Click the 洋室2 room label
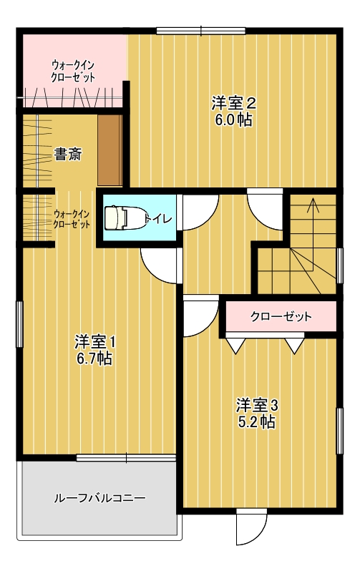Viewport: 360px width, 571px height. tap(233, 103)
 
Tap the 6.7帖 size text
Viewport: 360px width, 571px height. tap(94, 359)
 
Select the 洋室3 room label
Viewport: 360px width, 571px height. tap(257, 405)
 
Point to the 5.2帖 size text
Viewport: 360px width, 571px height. tap(256, 422)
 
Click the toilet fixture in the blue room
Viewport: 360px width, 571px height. tap(125, 218)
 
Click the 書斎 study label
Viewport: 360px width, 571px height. tap(67, 155)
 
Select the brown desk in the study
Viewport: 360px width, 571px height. tap(110, 150)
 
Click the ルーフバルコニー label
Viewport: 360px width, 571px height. tap(99, 498)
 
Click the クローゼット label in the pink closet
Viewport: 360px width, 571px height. tap(281, 316)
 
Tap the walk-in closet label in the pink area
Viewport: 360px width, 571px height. tap(73, 72)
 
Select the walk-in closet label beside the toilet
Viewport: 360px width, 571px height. tap(72, 219)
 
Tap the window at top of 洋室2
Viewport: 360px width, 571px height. tap(201, 31)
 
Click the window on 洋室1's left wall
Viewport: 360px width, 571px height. tap(19, 324)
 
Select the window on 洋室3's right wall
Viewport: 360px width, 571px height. tap(339, 431)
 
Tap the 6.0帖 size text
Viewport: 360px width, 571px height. tap(233, 119)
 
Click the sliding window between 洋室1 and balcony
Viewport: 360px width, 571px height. tap(126, 458)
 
